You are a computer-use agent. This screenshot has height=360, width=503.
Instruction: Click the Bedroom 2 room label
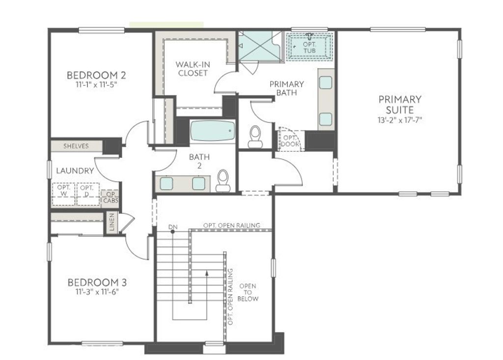point(96,75)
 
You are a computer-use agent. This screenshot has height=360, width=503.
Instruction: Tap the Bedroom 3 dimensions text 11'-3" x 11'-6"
point(97,291)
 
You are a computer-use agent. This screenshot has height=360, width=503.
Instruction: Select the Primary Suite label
point(399,104)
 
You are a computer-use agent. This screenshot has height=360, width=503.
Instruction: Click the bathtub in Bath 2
point(212,131)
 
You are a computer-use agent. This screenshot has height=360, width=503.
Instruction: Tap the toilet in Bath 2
point(223,181)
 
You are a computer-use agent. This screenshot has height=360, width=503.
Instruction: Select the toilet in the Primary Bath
point(255,137)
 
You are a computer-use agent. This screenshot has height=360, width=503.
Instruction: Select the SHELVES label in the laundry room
point(76,146)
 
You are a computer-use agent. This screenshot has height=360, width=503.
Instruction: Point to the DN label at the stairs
point(172,227)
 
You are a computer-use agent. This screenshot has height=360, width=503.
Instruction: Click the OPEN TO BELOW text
point(248,292)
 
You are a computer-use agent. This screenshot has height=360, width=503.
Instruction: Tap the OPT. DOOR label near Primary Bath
point(289,140)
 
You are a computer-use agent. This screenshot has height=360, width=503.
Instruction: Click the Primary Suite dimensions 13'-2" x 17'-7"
point(399,120)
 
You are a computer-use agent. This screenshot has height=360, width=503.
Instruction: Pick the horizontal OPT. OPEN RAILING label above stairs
point(231,225)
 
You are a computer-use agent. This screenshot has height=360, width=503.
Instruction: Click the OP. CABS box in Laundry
point(110,197)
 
